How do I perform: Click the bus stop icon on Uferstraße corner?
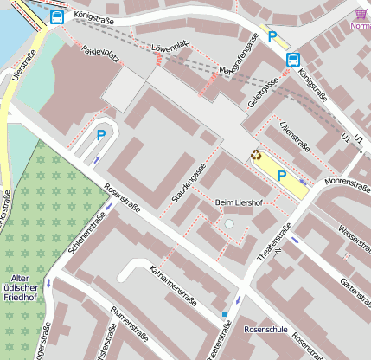click(x=57, y=16)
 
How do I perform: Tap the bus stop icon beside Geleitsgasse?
click(x=293, y=60)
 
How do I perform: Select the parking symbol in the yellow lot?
click(x=281, y=174)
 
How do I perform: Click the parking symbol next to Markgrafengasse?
click(x=272, y=37)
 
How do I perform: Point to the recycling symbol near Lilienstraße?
click(x=256, y=156)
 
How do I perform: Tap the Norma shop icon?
click(x=360, y=14)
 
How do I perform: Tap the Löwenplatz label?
click(x=170, y=46)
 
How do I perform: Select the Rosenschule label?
click(x=265, y=330)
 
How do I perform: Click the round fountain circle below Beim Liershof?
click(x=228, y=224)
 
